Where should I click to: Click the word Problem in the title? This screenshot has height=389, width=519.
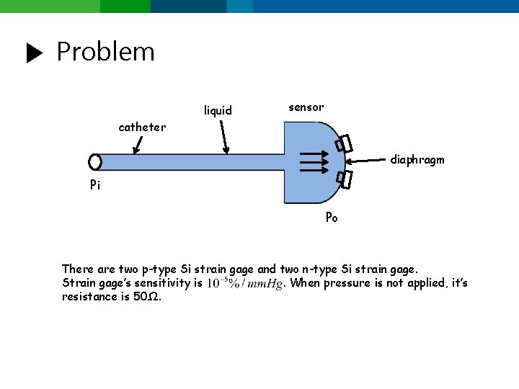point(105,52)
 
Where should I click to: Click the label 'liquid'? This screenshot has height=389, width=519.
point(218,110)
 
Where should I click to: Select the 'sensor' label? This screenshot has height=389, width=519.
point(306,107)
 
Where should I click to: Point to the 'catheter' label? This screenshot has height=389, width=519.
point(142,128)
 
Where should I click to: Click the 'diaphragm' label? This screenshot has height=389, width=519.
point(417,160)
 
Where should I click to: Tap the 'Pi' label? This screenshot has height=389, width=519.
point(95,185)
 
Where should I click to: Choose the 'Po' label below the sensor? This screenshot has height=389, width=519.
point(332,217)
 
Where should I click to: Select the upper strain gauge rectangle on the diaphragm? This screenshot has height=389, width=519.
point(344,144)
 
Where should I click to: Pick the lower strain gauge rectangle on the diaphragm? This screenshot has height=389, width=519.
point(345,179)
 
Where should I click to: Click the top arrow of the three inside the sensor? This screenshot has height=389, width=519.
point(314,153)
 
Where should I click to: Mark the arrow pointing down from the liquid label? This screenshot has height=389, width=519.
point(224,136)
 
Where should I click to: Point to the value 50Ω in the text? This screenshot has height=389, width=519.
point(147,297)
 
